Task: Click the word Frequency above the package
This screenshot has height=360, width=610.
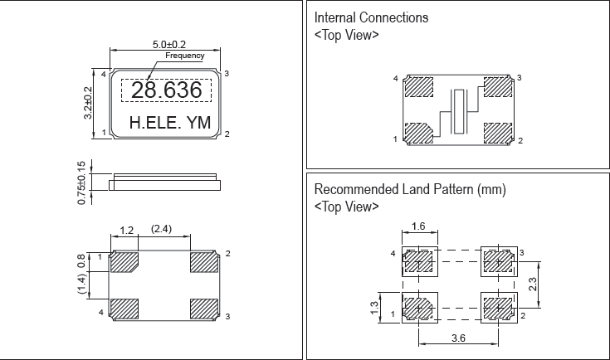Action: coord(184,56)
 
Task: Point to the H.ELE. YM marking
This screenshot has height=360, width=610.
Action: coord(170,124)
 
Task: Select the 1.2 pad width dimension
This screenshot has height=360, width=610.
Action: coord(126,229)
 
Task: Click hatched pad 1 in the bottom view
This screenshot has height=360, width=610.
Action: coord(125,261)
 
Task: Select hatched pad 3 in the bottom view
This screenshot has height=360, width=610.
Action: coord(203,309)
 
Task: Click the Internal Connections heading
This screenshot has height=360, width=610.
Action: coord(371,17)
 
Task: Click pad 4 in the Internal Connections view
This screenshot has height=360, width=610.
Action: coord(418,86)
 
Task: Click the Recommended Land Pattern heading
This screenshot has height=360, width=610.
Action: coord(410,190)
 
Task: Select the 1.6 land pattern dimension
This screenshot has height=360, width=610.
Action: coord(419,226)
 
